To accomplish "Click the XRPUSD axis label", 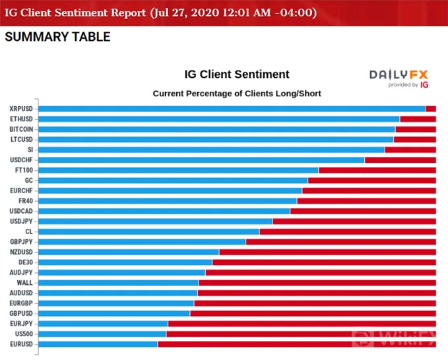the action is (x=21, y=109).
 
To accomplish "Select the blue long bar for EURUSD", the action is (x=98, y=344).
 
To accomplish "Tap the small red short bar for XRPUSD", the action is (x=431, y=109).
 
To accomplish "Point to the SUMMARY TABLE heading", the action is (x=57, y=37).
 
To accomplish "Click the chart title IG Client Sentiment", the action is (x=237, y=75).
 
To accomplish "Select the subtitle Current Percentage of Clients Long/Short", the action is (x=237, y=94).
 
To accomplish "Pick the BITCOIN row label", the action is (x=21, y=129).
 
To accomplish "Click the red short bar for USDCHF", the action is (x=400, y=160).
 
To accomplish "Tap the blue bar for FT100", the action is (x=178, y=170).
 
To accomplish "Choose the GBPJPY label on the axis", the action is (x=21, y=242).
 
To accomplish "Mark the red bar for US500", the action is (x=301, y=334).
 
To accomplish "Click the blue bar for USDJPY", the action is (x=156, y=222).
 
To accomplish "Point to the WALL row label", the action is (x=24, y=283).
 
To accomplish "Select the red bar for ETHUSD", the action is (x=418, y=119).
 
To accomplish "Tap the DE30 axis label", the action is (x=26, y=262).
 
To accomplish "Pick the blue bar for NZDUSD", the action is (x=129, y=252).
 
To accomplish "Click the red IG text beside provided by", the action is (x=424, y=85).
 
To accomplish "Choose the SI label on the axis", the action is (x=30, y=150).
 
